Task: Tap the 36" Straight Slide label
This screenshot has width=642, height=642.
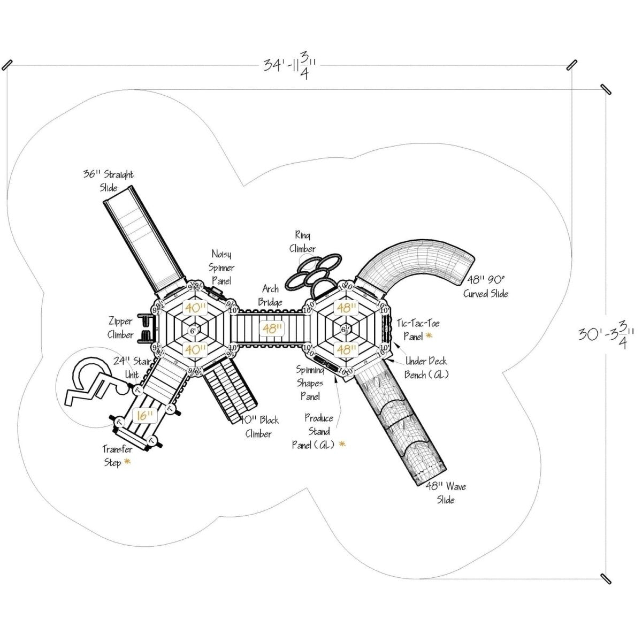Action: point(108,181)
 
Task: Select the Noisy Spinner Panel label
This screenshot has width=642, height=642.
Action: point(222,266)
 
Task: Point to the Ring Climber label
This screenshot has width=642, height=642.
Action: point(302,242)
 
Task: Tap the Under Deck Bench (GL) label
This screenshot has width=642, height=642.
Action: point(426,368)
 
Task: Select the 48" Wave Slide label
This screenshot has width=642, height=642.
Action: point(446,493)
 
